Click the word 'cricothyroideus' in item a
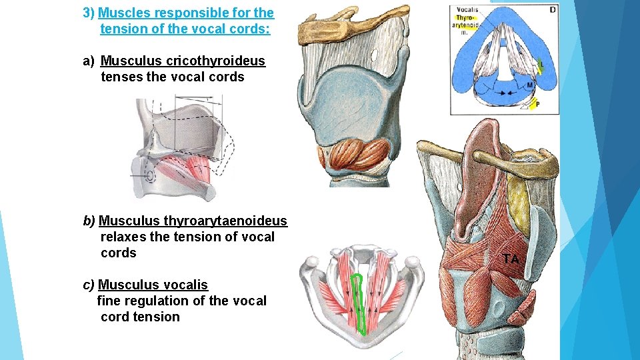pyautogui.click(x=215, y=61)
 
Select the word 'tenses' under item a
pyautogui.click(x=121, y=77)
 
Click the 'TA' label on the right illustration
pyautogui.click(x=511, y=259)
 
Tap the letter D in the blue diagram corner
pyautogui.click(x=553, y=9)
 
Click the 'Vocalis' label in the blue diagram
pyautogui.click(x=467, y=10)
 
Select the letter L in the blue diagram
pyautogui.click(x=541, y=64)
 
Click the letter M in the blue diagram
pyautogui.click(x=529, y=85)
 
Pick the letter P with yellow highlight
pyautogui.click(x=537, y=104)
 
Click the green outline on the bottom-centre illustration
pyautogui.click(x=359, y=303)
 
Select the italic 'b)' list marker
pyautogui.click(x=89, y=221)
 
